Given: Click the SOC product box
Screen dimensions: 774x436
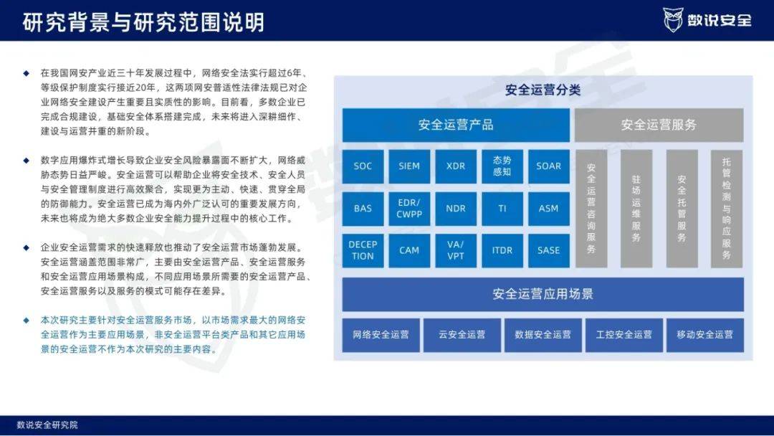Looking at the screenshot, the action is coord(363,166).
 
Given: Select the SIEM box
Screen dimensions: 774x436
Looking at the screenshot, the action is coord(409,166).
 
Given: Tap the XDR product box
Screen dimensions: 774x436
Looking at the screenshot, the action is coord(456,166).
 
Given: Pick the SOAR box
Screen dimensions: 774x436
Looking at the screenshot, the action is coord(548,166).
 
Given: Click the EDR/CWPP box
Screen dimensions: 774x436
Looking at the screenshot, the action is coord(409,209).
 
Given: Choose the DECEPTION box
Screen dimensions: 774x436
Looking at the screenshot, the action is coord(363,250).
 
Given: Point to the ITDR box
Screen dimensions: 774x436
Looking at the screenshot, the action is coord(502,250).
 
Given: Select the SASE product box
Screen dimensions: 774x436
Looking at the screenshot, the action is coord(548,250).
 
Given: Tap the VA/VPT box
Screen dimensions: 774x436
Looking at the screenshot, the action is coord(456,250).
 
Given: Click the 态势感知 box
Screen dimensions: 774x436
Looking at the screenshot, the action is coord(502,166).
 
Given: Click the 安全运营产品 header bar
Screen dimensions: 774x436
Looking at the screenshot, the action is coord(456,125).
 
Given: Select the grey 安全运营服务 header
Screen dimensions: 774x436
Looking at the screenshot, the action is coord(659,125).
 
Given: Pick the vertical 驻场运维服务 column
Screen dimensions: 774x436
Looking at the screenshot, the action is coord(636,209).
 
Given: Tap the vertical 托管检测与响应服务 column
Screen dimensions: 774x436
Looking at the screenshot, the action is coord(727,209).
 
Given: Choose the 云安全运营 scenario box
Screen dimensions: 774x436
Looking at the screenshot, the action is coord(462,335).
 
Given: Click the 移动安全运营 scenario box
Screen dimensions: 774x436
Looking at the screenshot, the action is coord(705,335).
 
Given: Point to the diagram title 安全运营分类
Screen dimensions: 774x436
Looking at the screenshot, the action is coord(543,90).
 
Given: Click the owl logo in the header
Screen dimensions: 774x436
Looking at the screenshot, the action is coord(673,20).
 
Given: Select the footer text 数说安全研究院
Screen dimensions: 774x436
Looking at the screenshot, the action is coord(47,425).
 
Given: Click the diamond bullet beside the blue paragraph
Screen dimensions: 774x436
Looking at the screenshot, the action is coord(27,320).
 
